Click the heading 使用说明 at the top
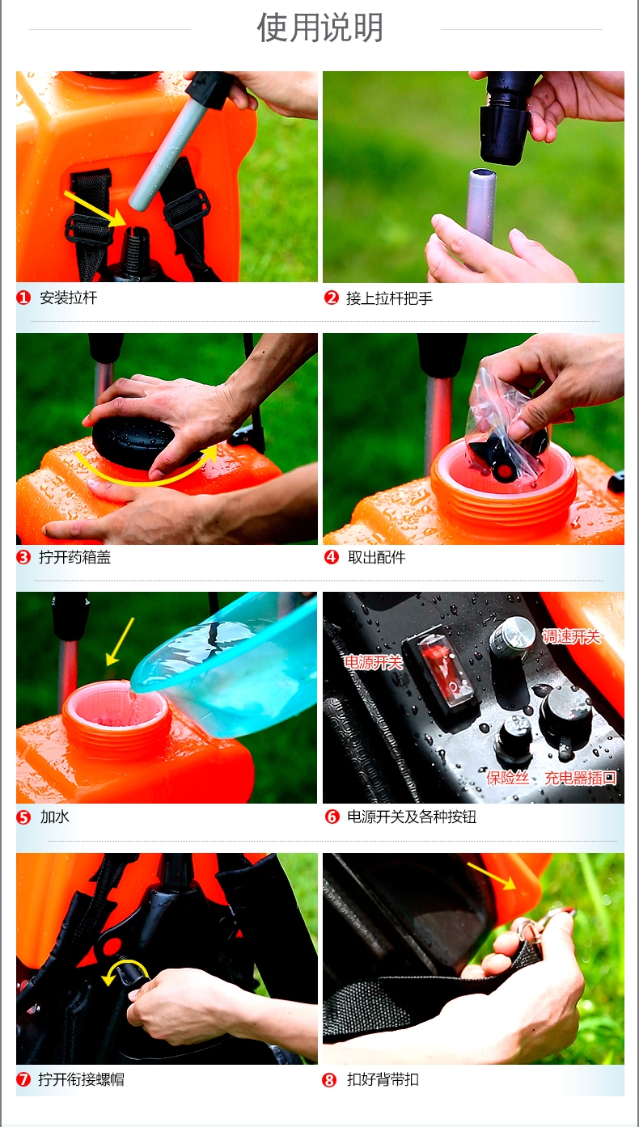click(319, 27)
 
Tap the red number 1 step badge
click(23, 298)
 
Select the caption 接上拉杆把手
click(389, 298)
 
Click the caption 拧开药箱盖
click(75, 557)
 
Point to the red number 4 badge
click(332, 557)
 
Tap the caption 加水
click(54, 817)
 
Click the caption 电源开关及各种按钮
click(412, 817)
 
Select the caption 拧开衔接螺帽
click(81, 1079)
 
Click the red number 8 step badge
click(329, 1080)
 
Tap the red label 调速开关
click(572, 637)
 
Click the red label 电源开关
click(373, 662)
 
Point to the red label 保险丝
click(508, 778)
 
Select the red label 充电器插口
click(580, 778)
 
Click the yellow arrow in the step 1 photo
click(95, 209)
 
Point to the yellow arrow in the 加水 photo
click(121, 641)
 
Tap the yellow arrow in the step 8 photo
click(491, 876)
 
